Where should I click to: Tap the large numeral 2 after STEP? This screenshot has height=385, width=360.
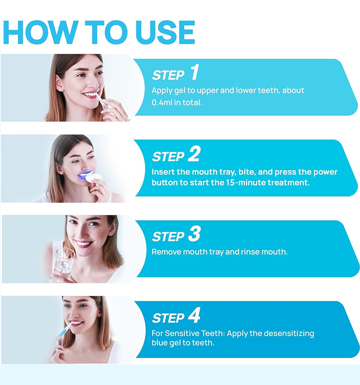(x=194, y=154)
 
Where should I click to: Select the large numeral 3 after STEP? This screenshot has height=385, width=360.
(x=194, y=234)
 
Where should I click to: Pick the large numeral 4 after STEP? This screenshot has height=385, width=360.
(x=194, y=315)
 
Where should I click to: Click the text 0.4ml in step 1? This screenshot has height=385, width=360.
(x=162, y=103)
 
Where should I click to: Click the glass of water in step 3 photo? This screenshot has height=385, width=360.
(x=63, y=265)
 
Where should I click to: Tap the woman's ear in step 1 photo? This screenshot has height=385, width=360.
(x=59, y=83)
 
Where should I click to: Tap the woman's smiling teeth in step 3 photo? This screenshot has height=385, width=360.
(x=83, y=244)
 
